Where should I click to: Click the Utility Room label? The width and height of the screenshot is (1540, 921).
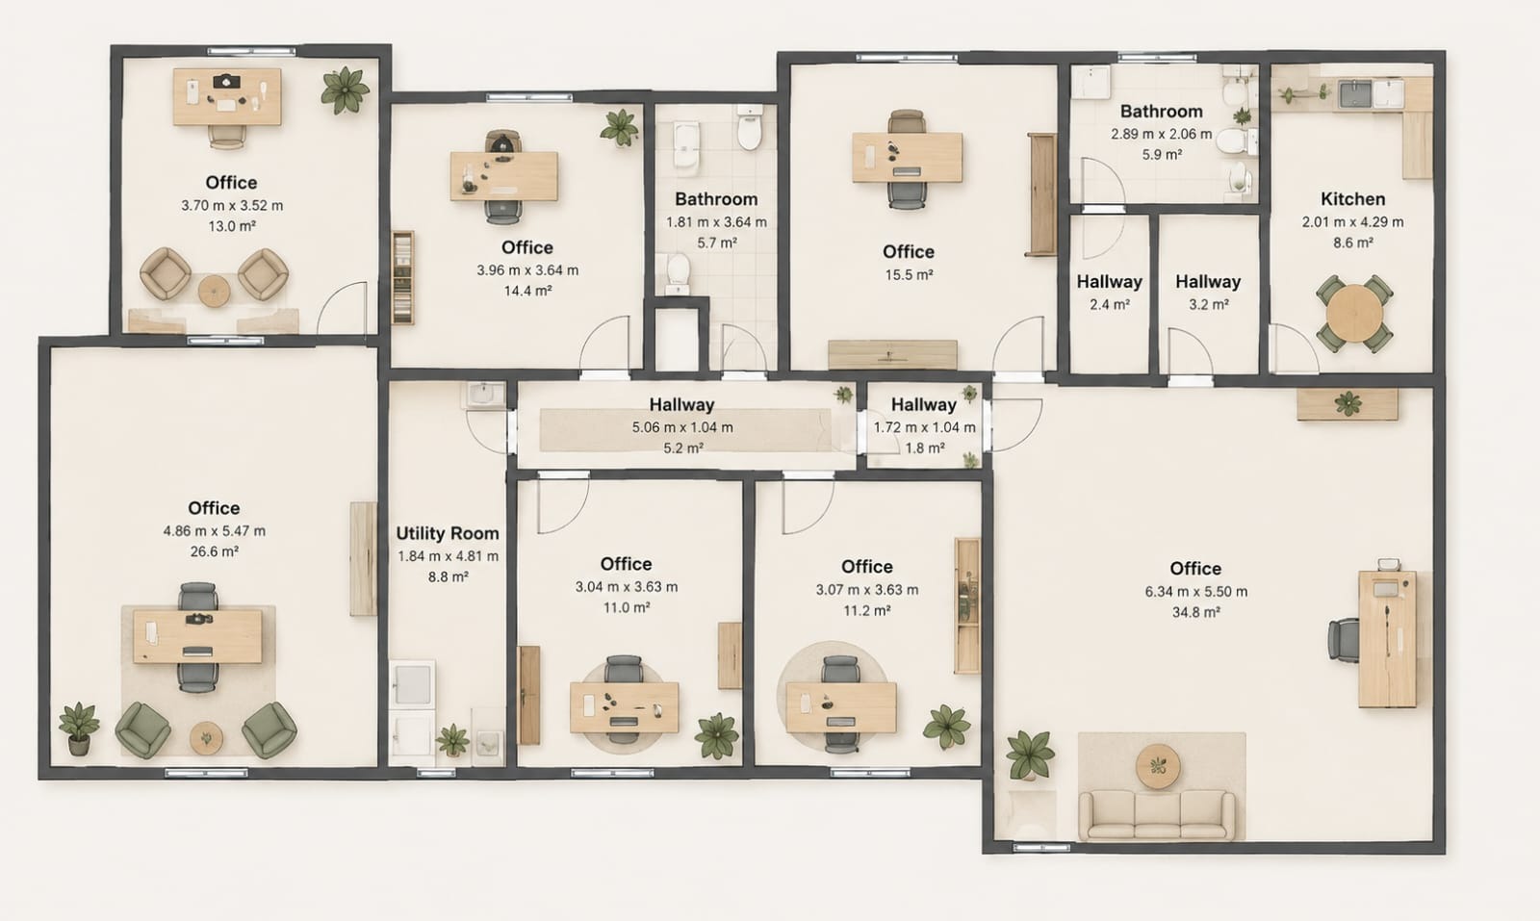(x=448, y=533)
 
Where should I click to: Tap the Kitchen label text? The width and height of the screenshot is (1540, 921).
(x=1352, y=199)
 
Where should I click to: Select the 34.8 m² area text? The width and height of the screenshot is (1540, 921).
(x=1195, y=612)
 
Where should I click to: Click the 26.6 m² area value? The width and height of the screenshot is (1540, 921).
(x=214, y=551)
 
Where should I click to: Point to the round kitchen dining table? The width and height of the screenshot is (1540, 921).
(x=1354, y=314)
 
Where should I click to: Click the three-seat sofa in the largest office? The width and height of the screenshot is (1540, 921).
(x=1156, y=815)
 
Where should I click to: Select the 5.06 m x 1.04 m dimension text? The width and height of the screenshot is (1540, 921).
(x=682, y=427)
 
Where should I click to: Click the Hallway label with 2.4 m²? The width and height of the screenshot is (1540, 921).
(x=1109, y=282)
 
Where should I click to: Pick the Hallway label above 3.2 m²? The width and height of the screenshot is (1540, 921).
(x=1208, y=282)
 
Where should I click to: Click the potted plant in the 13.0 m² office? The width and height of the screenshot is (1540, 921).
(x=345, y=90)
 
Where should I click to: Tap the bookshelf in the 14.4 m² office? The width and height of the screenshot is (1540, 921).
(x=403, y=278)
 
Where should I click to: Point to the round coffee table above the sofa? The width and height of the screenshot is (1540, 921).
(x=1158, y=766)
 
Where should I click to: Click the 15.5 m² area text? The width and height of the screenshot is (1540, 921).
(x=909, y=275)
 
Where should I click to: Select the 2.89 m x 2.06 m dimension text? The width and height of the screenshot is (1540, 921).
(x=1161, y=134)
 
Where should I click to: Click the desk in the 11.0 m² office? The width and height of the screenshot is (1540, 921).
(x=625, y=707)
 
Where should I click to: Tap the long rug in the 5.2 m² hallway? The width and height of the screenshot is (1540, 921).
(x=684, y=430)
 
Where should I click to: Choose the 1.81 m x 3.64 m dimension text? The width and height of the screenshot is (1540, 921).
(x=716, y=222)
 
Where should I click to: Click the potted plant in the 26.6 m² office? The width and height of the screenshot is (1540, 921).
(x=78, y=729)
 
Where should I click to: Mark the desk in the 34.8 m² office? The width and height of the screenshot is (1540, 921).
(x=1387, y=638)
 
